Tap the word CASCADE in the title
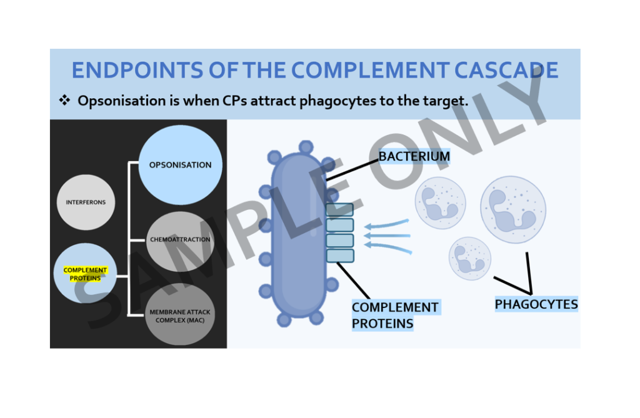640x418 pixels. click(506, 71)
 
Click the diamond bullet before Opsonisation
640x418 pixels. click(64, 100)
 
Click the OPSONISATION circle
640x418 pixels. click(180, 165)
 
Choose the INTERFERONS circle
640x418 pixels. click(86, 202)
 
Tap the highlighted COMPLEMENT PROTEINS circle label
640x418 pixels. click(86, 274)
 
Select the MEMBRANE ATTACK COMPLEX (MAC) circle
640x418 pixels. click(180, 316)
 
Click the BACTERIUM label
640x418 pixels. click(414, 156)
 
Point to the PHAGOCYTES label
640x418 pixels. click(536, 304)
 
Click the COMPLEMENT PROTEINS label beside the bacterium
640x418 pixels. click(395, 316)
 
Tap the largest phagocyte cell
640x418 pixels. click(512, 209)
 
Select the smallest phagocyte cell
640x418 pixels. click(469, 257)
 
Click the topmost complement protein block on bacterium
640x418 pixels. click(340, 210)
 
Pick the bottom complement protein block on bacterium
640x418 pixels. click(340, 256)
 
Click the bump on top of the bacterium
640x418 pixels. click(306, 147)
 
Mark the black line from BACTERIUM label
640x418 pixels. click(352, 169)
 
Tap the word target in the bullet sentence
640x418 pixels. click(447, 101)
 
